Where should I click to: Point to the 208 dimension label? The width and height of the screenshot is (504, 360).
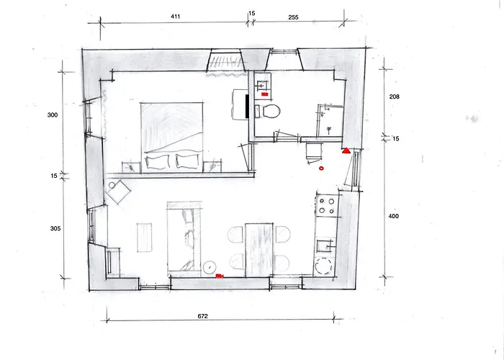(394, 96)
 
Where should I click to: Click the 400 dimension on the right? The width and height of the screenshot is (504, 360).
(394, 216)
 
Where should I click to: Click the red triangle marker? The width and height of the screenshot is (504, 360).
(346, 151)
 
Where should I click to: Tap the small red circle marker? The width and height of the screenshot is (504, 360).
(321, 168)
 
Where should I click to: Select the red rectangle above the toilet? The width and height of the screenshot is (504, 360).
(265, 94)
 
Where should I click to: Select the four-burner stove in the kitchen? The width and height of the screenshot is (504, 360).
(326, 206)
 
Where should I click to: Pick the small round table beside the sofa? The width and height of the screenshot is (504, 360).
(210, 266)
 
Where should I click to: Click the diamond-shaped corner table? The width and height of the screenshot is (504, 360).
(117, 193)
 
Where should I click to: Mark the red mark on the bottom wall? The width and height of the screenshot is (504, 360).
(220, 276)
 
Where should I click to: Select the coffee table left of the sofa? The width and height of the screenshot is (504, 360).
(145, 237)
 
